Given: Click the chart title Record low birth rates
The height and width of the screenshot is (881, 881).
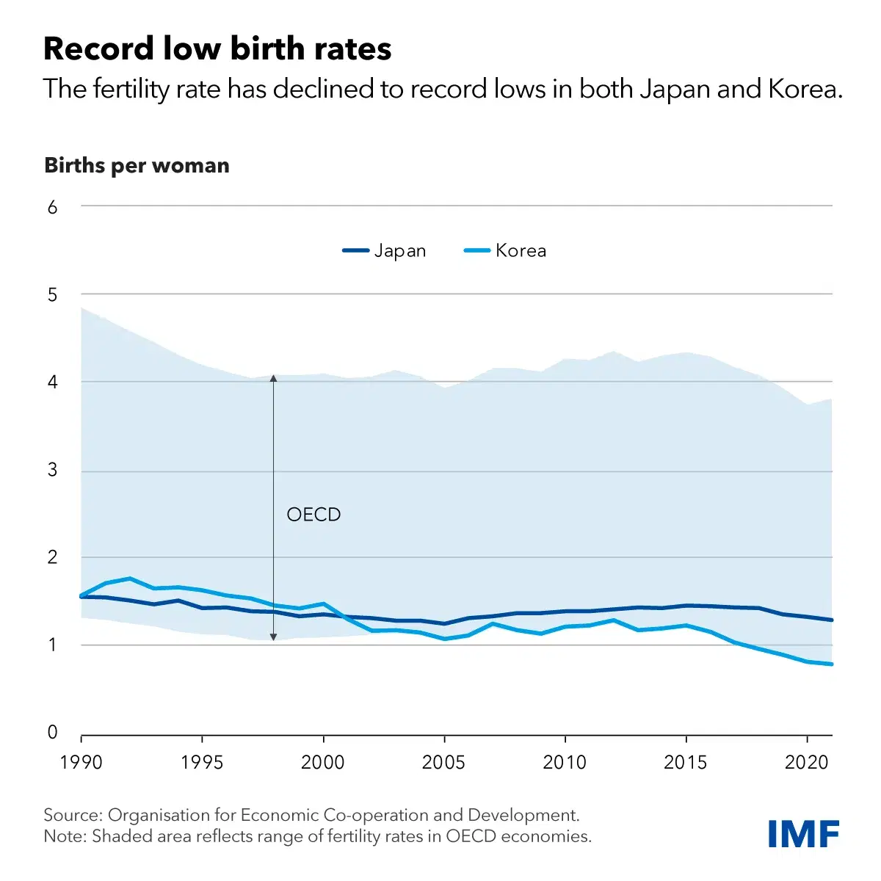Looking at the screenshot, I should pos(217,49).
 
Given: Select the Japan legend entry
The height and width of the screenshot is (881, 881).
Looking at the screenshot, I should pos(385,250).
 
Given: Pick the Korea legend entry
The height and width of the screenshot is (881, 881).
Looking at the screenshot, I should pos(506,250).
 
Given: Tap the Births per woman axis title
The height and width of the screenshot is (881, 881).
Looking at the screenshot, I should pos(137,165).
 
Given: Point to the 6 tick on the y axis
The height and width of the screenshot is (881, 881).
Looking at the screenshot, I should pos(52,207).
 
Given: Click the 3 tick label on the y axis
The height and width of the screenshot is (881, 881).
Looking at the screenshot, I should pos(52,470).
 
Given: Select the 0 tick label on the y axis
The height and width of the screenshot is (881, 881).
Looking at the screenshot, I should pos(52,732).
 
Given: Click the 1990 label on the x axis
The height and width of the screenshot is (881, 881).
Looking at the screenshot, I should pos(81,762).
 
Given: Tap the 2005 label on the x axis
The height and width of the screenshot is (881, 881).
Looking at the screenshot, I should pos(443,762).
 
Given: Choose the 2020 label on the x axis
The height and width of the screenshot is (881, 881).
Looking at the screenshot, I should pos(807,762).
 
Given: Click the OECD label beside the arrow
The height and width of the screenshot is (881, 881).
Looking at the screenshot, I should pos(313,515).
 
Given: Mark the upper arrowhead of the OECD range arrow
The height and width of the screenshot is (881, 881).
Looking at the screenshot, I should pos(273,378).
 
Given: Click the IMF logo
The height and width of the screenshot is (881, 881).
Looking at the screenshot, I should pos(803,834).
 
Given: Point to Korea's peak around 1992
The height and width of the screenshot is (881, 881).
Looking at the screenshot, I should pos(130,579).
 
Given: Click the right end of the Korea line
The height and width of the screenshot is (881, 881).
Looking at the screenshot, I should pos(831,664).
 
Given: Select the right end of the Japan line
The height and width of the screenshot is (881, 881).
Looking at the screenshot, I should pos(831,620).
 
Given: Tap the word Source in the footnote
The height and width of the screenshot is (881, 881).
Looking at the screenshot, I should pos(73,815).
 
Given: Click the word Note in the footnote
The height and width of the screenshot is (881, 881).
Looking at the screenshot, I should pos(64,836).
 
